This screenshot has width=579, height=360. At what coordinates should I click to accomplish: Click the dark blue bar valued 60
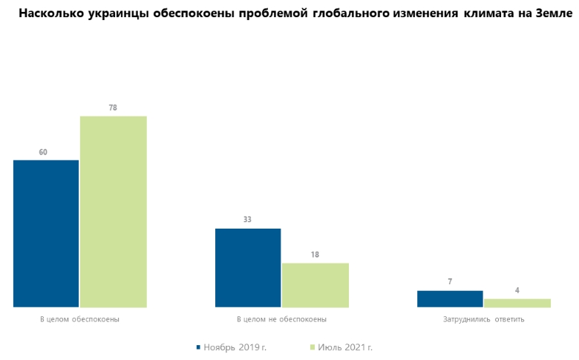coord(46,233)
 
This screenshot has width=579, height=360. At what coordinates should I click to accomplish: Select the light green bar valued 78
coord(114,212)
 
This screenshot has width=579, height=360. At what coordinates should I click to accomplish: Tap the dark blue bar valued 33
coord(248,267)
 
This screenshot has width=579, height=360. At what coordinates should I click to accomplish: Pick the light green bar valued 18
coord(315,284)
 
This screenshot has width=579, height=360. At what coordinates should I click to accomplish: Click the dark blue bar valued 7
coord(450,298)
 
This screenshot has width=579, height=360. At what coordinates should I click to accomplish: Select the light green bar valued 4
coord(517,303)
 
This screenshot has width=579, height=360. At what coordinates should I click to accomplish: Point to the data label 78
coord(113,108)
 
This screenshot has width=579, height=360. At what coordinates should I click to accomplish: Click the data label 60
coord(43,152)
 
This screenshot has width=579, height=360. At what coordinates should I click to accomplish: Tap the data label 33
coord(248,220)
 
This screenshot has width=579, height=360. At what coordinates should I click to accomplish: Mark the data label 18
coord(315,255)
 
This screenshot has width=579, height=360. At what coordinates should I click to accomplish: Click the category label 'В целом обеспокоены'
coord(79,320)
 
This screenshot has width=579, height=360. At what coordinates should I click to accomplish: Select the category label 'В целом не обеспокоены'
coord(281,320)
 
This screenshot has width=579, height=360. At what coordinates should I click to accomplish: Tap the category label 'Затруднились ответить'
coord(483,320)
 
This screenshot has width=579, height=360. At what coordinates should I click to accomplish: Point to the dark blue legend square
coord(198,347)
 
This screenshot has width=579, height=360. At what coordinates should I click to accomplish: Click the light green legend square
coord(313,347)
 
